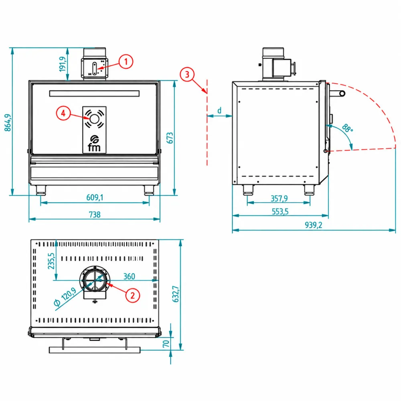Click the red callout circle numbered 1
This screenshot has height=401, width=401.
pyautogui.click(x=126, y=61)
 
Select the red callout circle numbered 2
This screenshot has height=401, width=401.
pyautogui.click(x=132, y=296)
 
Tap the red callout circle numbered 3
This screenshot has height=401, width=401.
pyautogui.click(x=187, y=75)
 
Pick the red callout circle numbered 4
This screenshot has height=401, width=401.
pyautogui.click(x=63, y=113)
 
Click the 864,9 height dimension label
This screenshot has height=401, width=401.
pyautogui.click(x=8, y=123)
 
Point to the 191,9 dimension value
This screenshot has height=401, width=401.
pyautogui.click(x=63, y=64)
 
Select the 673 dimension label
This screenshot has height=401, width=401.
pyautogui.click(x=170, y=138)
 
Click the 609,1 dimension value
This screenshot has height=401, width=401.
pyautogui.click(x=95, y=197)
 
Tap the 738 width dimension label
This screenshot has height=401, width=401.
pyautogui.click(x=95, y=215)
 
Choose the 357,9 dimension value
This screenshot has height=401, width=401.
pyautogui.click(x=279, y=198)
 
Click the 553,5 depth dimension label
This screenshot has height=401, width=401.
pyautogui.click(x=280, y=212)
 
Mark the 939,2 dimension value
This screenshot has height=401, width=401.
pyautogui.click(x=314, y=225)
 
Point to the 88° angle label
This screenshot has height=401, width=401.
pyautogui.click(x=348, y=128)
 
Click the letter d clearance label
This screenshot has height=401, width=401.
pyautogui.click(x=219, y=111)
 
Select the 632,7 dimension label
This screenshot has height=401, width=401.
pyautogui.click(x=176, y=294)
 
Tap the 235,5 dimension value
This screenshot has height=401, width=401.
pyautogui.click(x=51, y=261)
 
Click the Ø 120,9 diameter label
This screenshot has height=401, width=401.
pyautogui.click(x=65, y=297)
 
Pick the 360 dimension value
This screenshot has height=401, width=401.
pyautogui.click(x=129, y=276)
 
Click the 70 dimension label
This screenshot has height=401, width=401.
pyautogui.click(x=166, y=344)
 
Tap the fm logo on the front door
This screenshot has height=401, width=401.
pyautogui.click(x=94, y=143)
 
